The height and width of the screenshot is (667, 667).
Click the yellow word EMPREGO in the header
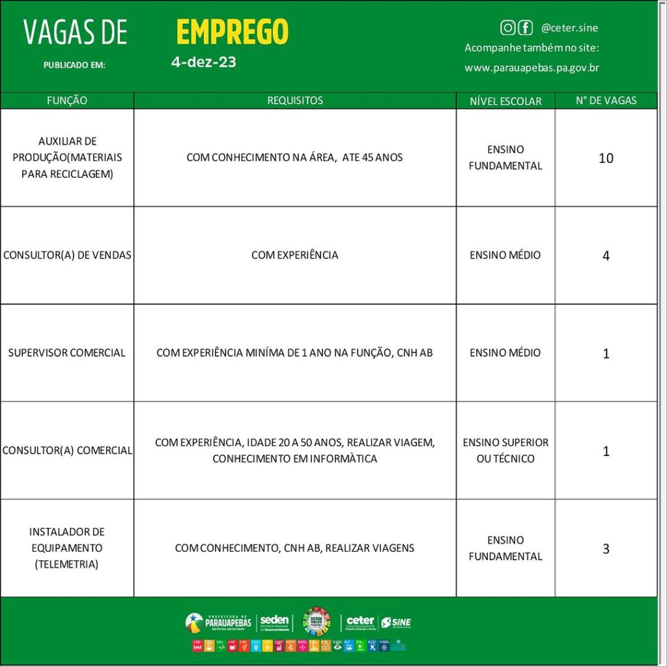coord(232,32)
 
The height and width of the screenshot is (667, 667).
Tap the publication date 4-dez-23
coord(203,63)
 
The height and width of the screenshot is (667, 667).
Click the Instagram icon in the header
coord(507,27)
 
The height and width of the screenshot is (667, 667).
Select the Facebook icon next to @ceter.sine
coord(525,27)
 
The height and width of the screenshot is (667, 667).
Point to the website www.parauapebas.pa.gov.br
coord(532,68)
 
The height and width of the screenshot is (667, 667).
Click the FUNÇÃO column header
coord(67,101)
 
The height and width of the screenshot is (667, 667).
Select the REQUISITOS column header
coord(295,101)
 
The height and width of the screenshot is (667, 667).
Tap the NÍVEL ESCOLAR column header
coord(505,102)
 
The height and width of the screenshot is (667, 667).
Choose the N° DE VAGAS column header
coord(606,101)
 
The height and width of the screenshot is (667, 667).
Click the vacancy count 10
coord(606,158)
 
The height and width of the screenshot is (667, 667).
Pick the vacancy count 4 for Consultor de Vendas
coord(606,256)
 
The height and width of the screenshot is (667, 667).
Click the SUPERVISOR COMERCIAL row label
coord(66,353)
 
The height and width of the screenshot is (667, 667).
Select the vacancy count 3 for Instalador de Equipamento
coord(606,549)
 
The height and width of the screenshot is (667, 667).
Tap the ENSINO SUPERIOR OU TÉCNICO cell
coord(505,450)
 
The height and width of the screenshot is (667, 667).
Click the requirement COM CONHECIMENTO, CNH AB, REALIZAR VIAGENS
coord(294,548)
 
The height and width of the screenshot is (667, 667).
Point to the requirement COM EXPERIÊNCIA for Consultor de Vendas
coord(294,255)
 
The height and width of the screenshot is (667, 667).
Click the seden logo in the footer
coord(274,623)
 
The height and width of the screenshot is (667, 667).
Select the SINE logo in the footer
coord(396,623)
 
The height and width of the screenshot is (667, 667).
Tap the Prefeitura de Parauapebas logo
coord(218,623)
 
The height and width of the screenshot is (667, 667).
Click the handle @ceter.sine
coord(569,28)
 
